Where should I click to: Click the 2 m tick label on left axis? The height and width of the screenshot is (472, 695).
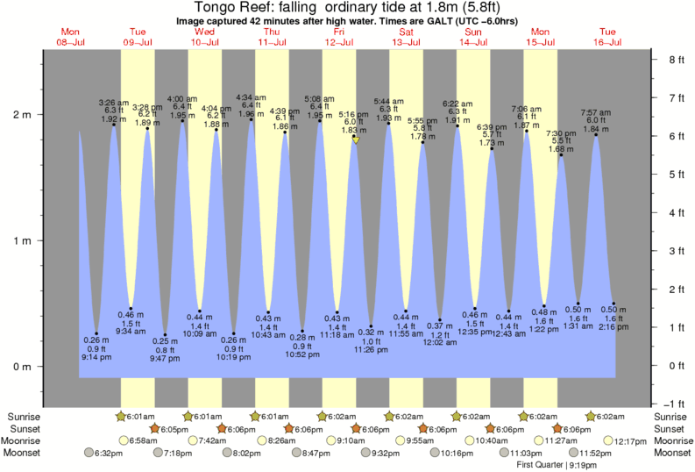(22, 115)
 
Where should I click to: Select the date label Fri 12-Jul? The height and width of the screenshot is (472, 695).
(339, 36)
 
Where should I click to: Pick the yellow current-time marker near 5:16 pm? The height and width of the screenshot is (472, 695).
(356, 139)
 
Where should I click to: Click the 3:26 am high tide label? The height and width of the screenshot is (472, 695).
(114, 103)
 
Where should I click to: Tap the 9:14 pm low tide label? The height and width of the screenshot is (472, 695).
(96, 357)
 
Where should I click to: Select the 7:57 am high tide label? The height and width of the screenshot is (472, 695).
(596, 113)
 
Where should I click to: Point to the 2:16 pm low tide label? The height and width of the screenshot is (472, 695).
(613, 326)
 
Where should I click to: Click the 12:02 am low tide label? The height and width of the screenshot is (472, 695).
(440, 342)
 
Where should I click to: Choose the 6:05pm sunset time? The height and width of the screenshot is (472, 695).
(172, 428)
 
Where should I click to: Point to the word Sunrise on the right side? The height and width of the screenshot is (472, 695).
(671, 416)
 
